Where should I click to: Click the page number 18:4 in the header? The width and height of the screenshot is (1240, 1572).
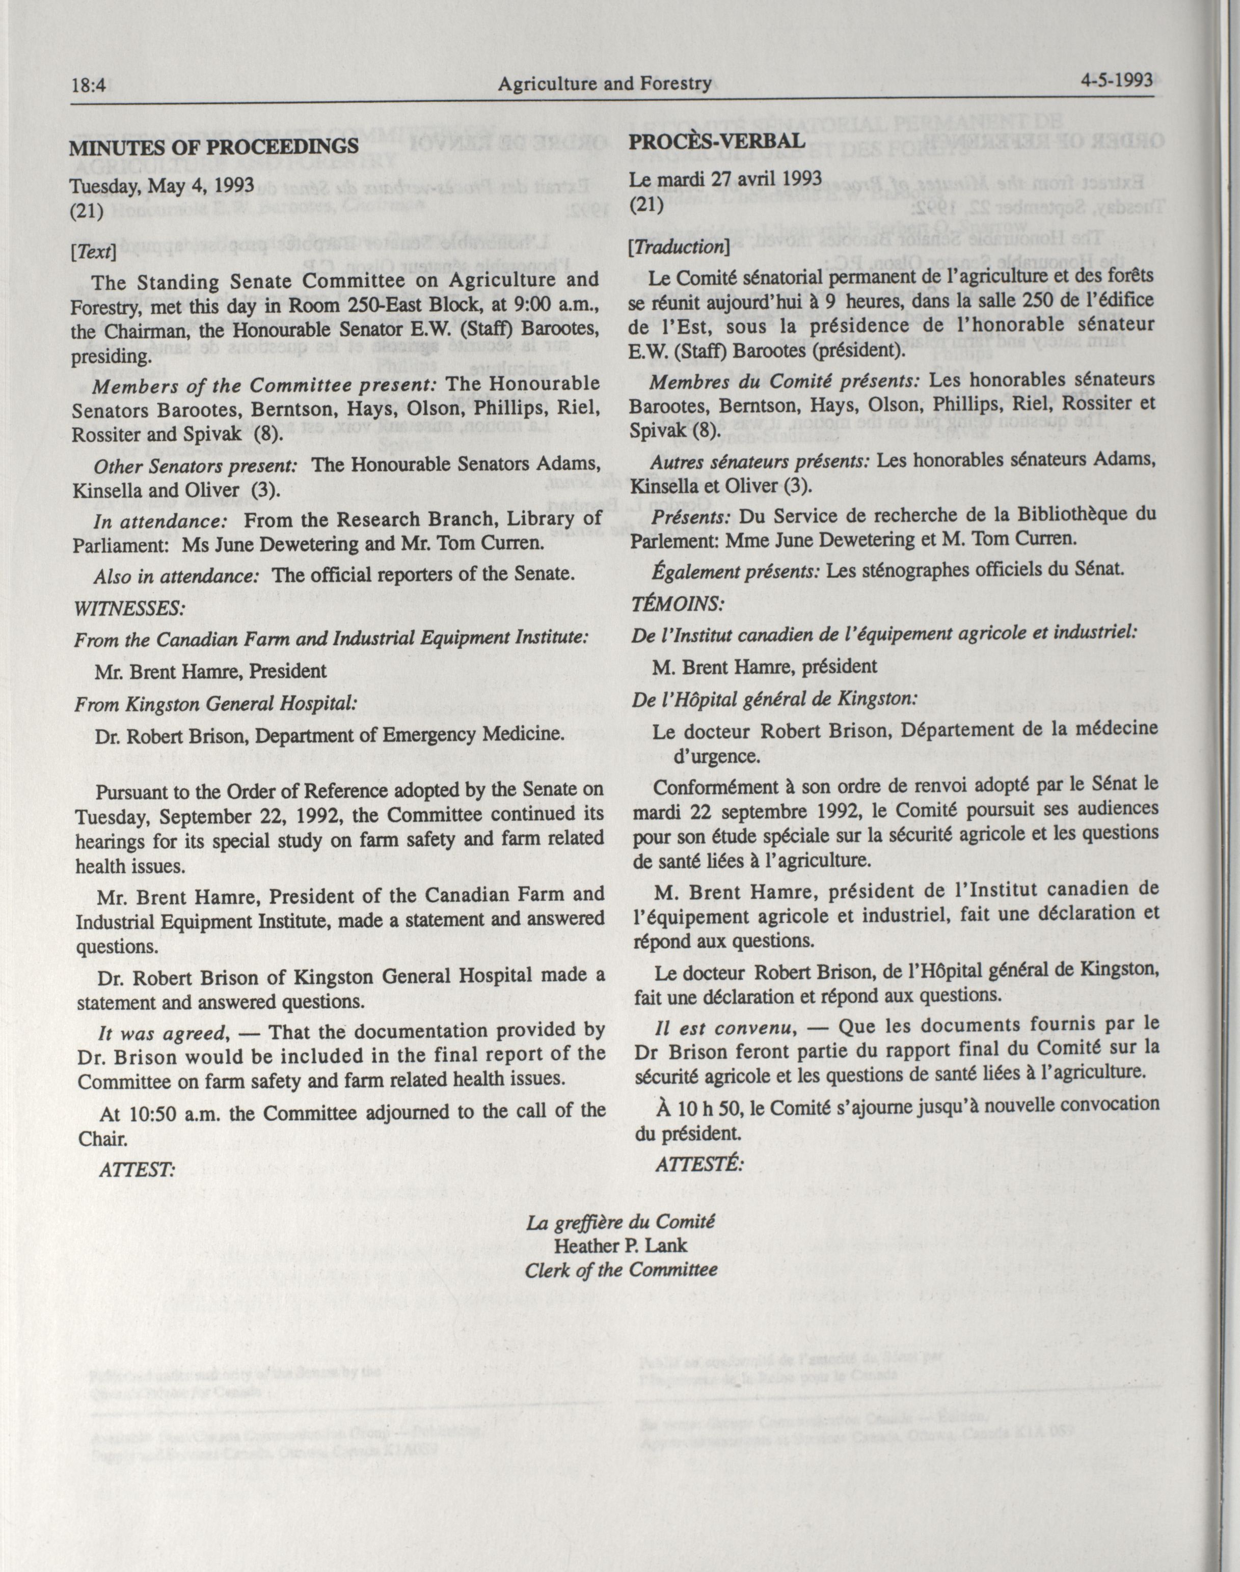[89, 86]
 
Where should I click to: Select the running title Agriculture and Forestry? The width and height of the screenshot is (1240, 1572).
[604, 84]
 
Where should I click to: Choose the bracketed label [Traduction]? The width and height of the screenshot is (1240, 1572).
[679, 246]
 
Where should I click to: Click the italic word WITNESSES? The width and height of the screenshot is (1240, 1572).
[129, 608]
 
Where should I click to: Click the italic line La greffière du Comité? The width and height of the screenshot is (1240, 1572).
[620, 1222]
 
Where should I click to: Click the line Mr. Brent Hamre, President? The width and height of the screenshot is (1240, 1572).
[210, 671]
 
